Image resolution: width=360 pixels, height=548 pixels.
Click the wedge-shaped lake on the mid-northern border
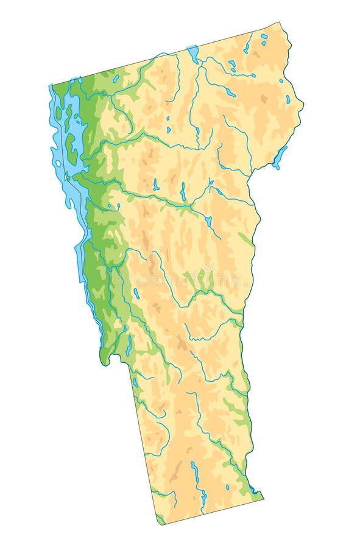pos(193,54)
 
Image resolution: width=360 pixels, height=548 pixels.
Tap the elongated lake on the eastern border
pos(280,157)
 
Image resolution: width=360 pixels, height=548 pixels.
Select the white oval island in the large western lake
pos(58,163)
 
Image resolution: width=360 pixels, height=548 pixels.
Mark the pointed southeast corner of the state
pos(263,497)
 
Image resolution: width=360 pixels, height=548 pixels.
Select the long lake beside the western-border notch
pos(129,345)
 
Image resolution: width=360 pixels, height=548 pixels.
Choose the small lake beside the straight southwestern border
pos(135,382)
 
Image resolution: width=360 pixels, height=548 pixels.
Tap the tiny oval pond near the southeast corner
pos(227,487)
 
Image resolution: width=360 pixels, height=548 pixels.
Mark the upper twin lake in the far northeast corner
pos(264,36)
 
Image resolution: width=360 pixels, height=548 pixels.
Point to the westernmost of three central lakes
pos(156,184)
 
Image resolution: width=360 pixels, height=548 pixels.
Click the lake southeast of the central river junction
pos(208,221)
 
